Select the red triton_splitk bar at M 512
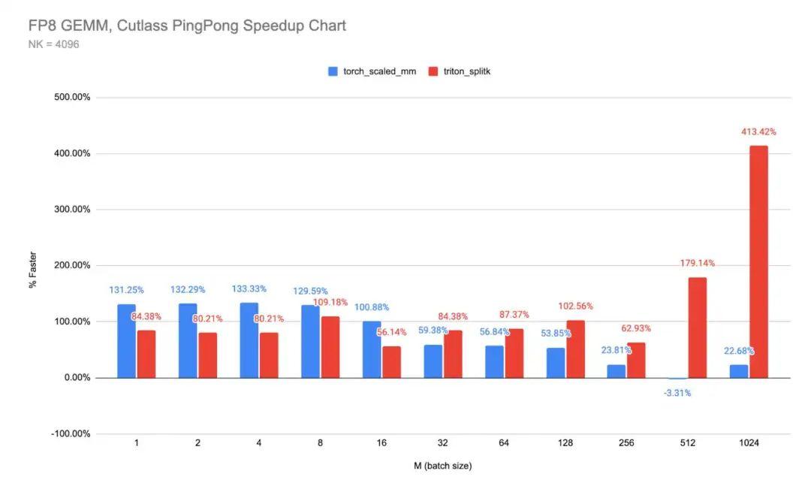pos(697,327)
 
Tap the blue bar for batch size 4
pos(249,340)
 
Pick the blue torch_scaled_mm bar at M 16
pos(372,349)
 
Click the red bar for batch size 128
pos(575,349)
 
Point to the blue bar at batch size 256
pos(617,371)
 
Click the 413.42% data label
pos(758,131)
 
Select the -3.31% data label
pos(677,392)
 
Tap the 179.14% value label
pos(697,263)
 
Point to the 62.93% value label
pos(635,328)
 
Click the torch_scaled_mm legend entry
pos(371,71)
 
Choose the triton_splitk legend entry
pos(459,71)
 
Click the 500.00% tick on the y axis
pos(71,98)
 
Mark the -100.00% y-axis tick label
pos(70,433)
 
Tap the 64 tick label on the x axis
pos(504,443)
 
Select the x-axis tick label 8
pos(320,443)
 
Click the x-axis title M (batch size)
pos(442,466)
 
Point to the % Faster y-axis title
pos(34,270)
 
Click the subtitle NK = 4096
pos(54,44)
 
